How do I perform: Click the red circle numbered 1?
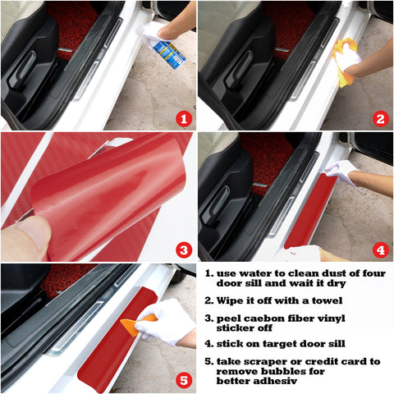[183, 118]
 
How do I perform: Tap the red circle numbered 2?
[379, 118]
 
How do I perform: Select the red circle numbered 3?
[183, 249]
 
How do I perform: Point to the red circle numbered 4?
[379, 249]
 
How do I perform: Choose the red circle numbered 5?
[183, 380]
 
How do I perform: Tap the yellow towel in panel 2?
[345, 62]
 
